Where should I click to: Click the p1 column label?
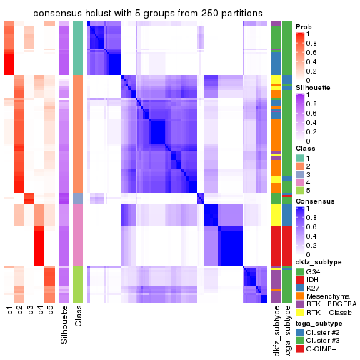point(10,312)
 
